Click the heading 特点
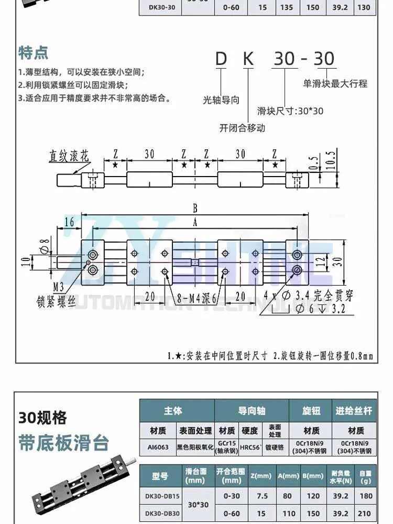coord(34,53)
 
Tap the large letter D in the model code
coord(221,59)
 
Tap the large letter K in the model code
coord(248,59)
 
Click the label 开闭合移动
coord(242,128)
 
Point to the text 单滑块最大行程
coord(335,83)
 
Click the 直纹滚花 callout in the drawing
coord(70,156)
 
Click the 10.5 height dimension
coord(330,158)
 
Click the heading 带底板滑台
coord(64,443)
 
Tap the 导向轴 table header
coord(250,410)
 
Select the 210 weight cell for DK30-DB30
coord(366,514)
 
